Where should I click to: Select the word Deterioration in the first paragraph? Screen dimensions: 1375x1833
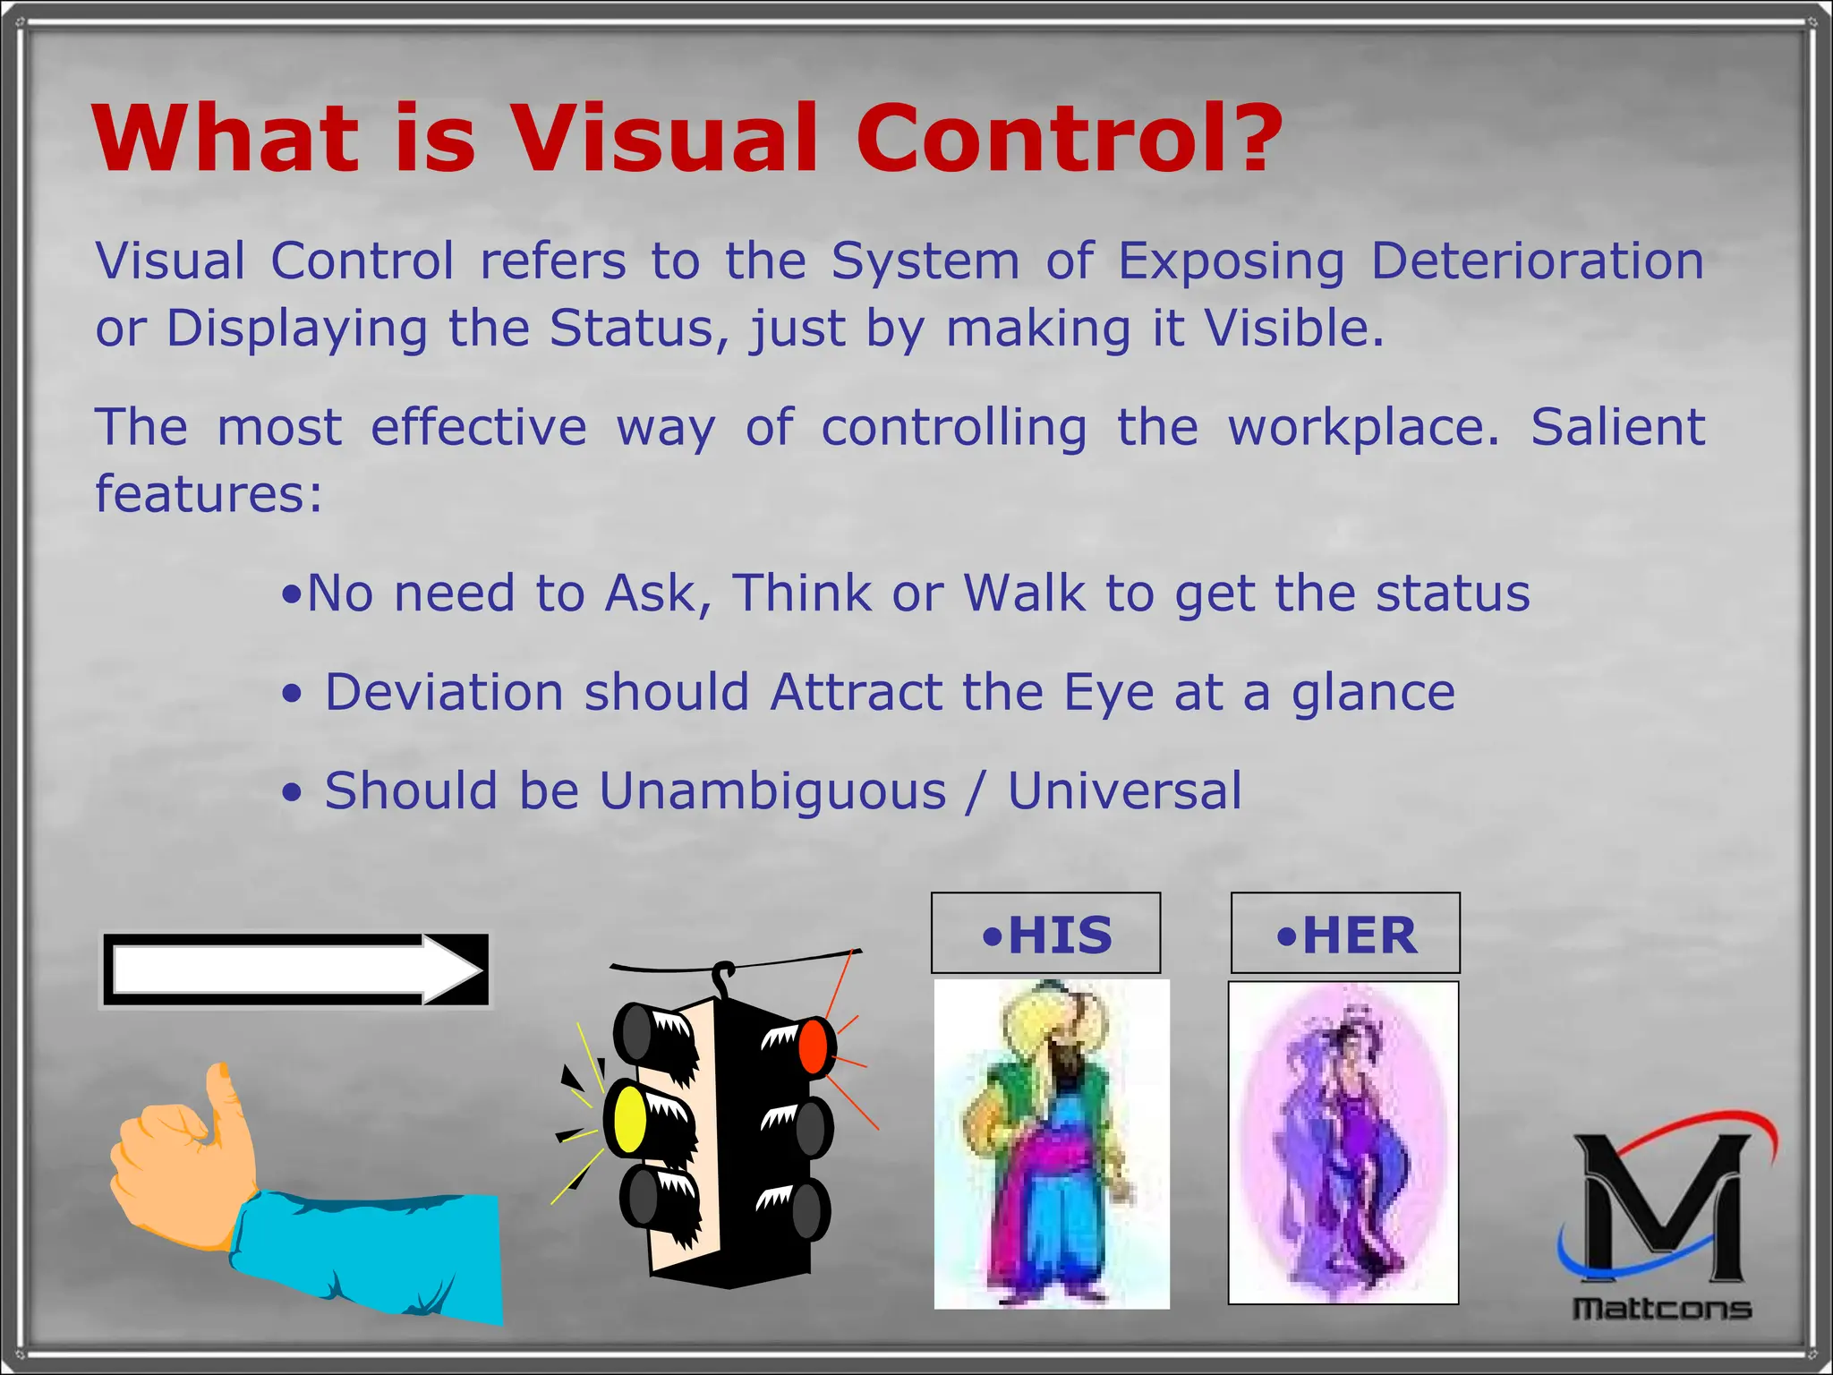[x=1537, y=261]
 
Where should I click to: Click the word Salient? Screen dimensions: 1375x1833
[x=1617, y=427]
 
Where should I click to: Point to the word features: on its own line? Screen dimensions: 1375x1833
[x=209, y=494]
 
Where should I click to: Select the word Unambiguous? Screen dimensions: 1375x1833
[x=772, y=791]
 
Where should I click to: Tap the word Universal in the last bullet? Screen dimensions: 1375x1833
[x=1125, y=791]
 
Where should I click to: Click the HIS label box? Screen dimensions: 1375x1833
[x=1045, y=934]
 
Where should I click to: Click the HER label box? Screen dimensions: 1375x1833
[x=1345, y=934]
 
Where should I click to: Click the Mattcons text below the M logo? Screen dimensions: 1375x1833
[x=1662, y=1309]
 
